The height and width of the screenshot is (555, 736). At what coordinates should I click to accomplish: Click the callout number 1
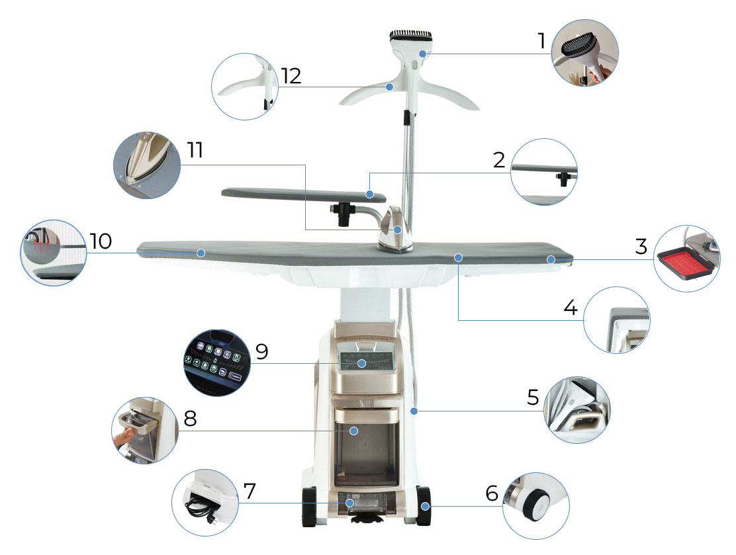[x=541, y=41]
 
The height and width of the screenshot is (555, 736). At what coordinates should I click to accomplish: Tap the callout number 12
[x=291, y=76]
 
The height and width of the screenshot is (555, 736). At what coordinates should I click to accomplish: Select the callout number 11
[x=195, y=150]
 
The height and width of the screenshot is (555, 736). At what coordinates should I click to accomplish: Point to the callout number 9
[x=262, y=351]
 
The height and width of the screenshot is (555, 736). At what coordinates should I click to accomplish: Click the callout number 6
[x=492, y=493]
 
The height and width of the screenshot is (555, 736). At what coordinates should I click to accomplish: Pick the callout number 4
[x=571, y=308]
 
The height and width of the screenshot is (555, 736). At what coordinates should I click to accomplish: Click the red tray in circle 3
[x=686, y=265]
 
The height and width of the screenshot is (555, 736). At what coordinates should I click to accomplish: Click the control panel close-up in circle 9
[x=216, y=363]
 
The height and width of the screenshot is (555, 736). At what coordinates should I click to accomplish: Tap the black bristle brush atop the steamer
[x=412, y=34]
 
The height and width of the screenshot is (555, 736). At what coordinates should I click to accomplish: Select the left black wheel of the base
[x=309, y=507]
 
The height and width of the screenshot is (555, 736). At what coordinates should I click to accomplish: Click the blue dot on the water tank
[x=354, y=431]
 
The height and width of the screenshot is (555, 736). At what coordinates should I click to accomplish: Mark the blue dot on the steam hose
[x=414, y=411]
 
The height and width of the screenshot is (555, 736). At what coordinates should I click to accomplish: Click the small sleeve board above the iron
[x=304, y=194]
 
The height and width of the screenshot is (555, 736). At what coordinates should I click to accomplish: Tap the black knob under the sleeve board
[x=342, y=214]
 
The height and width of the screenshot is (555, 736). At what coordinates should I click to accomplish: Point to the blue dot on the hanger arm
[x=389, y=87]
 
